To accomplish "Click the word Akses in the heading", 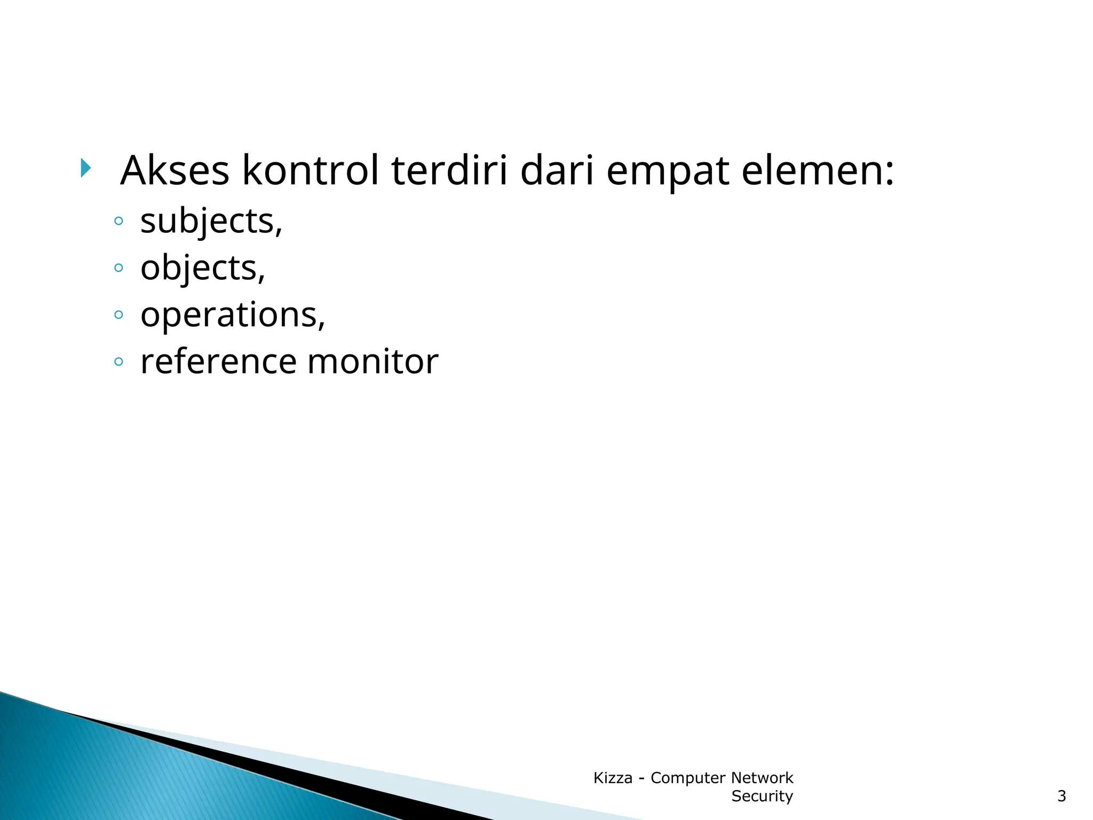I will (175, 170).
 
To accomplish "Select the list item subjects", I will (211, 221).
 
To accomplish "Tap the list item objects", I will (202, 267).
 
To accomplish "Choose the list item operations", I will (232, 314).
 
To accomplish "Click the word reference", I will (218, 361).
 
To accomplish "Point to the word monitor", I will (373, 361).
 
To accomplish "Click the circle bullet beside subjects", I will (118, 221).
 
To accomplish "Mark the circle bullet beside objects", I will (118, 267).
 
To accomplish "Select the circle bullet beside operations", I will (118, 314).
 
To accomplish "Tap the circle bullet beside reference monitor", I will (118, 362).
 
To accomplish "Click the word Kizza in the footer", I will (612, 778).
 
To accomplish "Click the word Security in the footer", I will (762, 796).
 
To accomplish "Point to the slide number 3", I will (1062, 796).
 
